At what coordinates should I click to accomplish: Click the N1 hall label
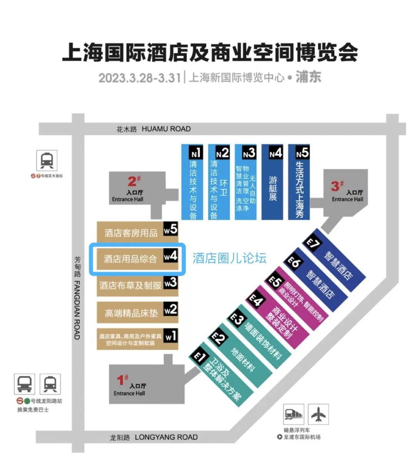pyautogui.click(x=196, y=153)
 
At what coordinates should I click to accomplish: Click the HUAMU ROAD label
pyautogui.click(x=166, y=129)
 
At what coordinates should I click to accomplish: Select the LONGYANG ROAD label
pyautogui.click(x=166, y=437)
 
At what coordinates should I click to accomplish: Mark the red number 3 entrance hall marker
pyautogui.click(x=336, y=186)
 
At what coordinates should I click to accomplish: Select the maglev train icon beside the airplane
pyautogui.click(x=294, y=415)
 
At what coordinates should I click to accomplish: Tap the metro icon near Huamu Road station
pyautogui.click(x=47, y=160)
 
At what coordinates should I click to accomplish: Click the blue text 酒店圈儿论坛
pyautogui.click(x=229, y=258)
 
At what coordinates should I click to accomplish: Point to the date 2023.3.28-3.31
pyautogui.click(x=139, y=78)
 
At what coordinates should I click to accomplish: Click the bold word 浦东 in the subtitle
pyautogui.click(x=308, y=77)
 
